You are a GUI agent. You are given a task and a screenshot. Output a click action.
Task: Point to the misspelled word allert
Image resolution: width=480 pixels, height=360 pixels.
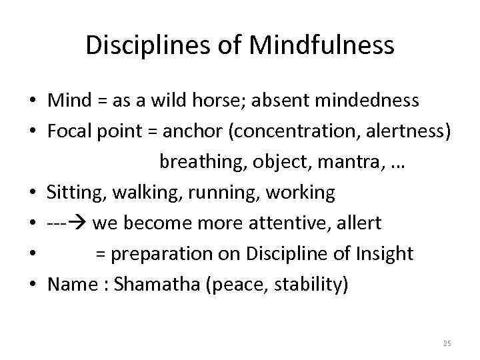(x=359, y=223)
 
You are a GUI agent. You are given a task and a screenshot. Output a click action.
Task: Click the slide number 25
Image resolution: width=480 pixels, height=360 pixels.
(x=447, y=343)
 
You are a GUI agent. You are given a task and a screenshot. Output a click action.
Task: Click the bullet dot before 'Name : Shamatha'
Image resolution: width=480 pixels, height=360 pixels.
(x=32, y=285)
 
